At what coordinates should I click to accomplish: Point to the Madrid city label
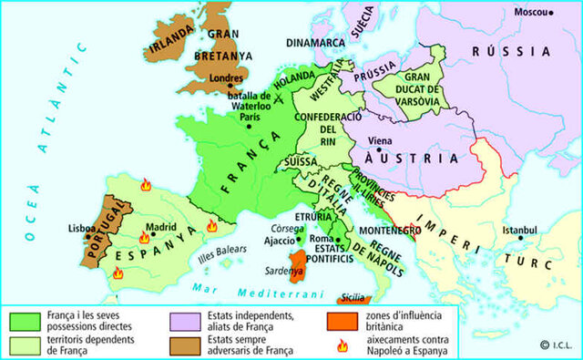click(x=160, y=228)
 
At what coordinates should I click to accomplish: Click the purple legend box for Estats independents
click(x=183, y=320)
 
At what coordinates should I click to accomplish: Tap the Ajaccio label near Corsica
click(x=280, y=241)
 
